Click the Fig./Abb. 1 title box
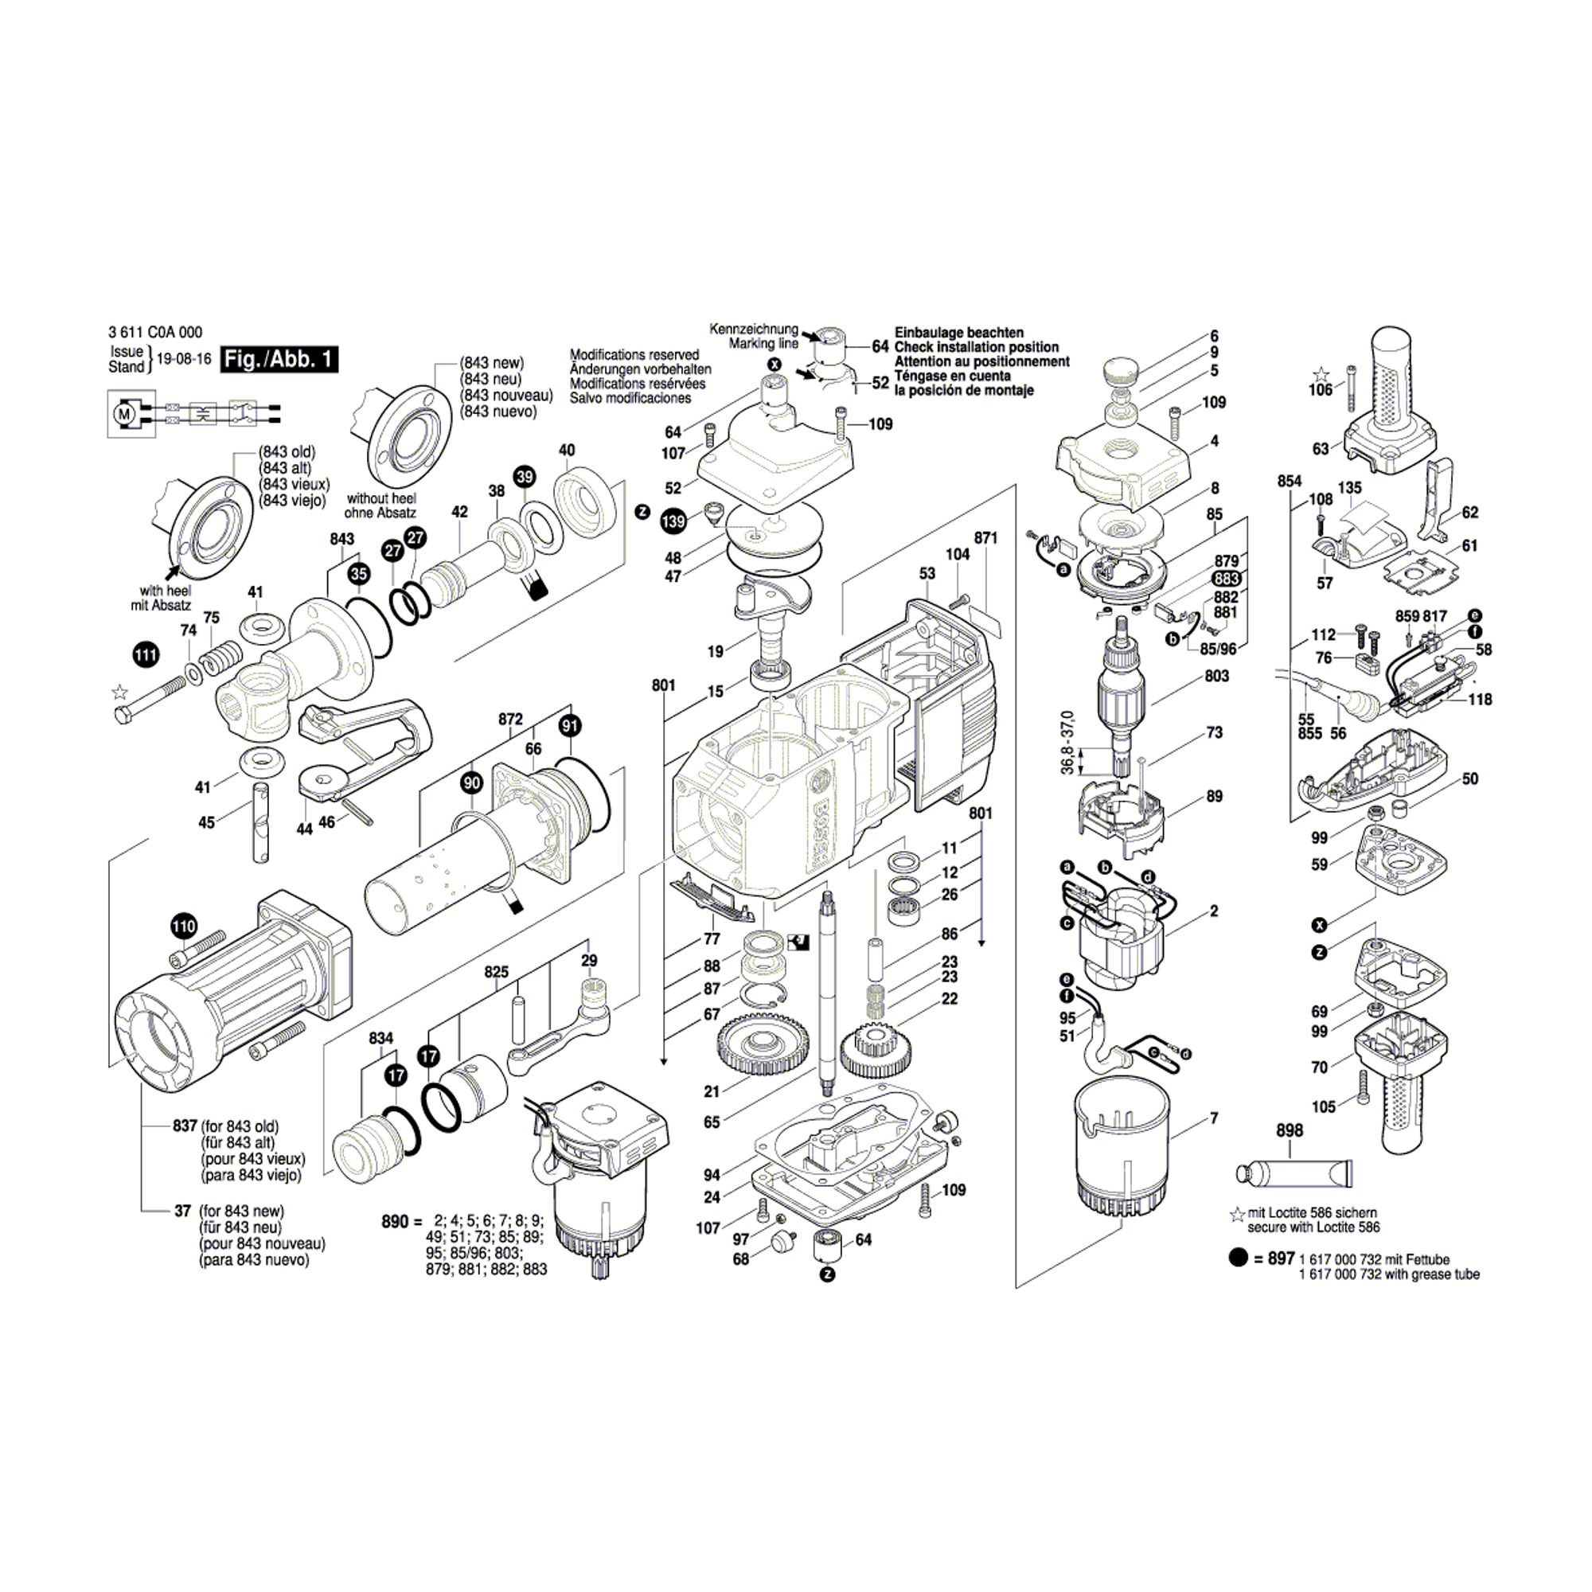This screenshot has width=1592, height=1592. [x=279, y=359]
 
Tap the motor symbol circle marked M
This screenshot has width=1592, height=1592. [x=125, y=414]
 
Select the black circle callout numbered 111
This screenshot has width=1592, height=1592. [x=146, y=656]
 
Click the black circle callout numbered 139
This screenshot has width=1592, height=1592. [x=673, y=521]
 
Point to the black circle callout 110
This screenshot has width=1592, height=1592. [x=184, y=927]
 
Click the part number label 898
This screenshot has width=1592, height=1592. [x=1290, y=1131]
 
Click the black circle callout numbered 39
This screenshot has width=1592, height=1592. [x=524, y=477]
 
